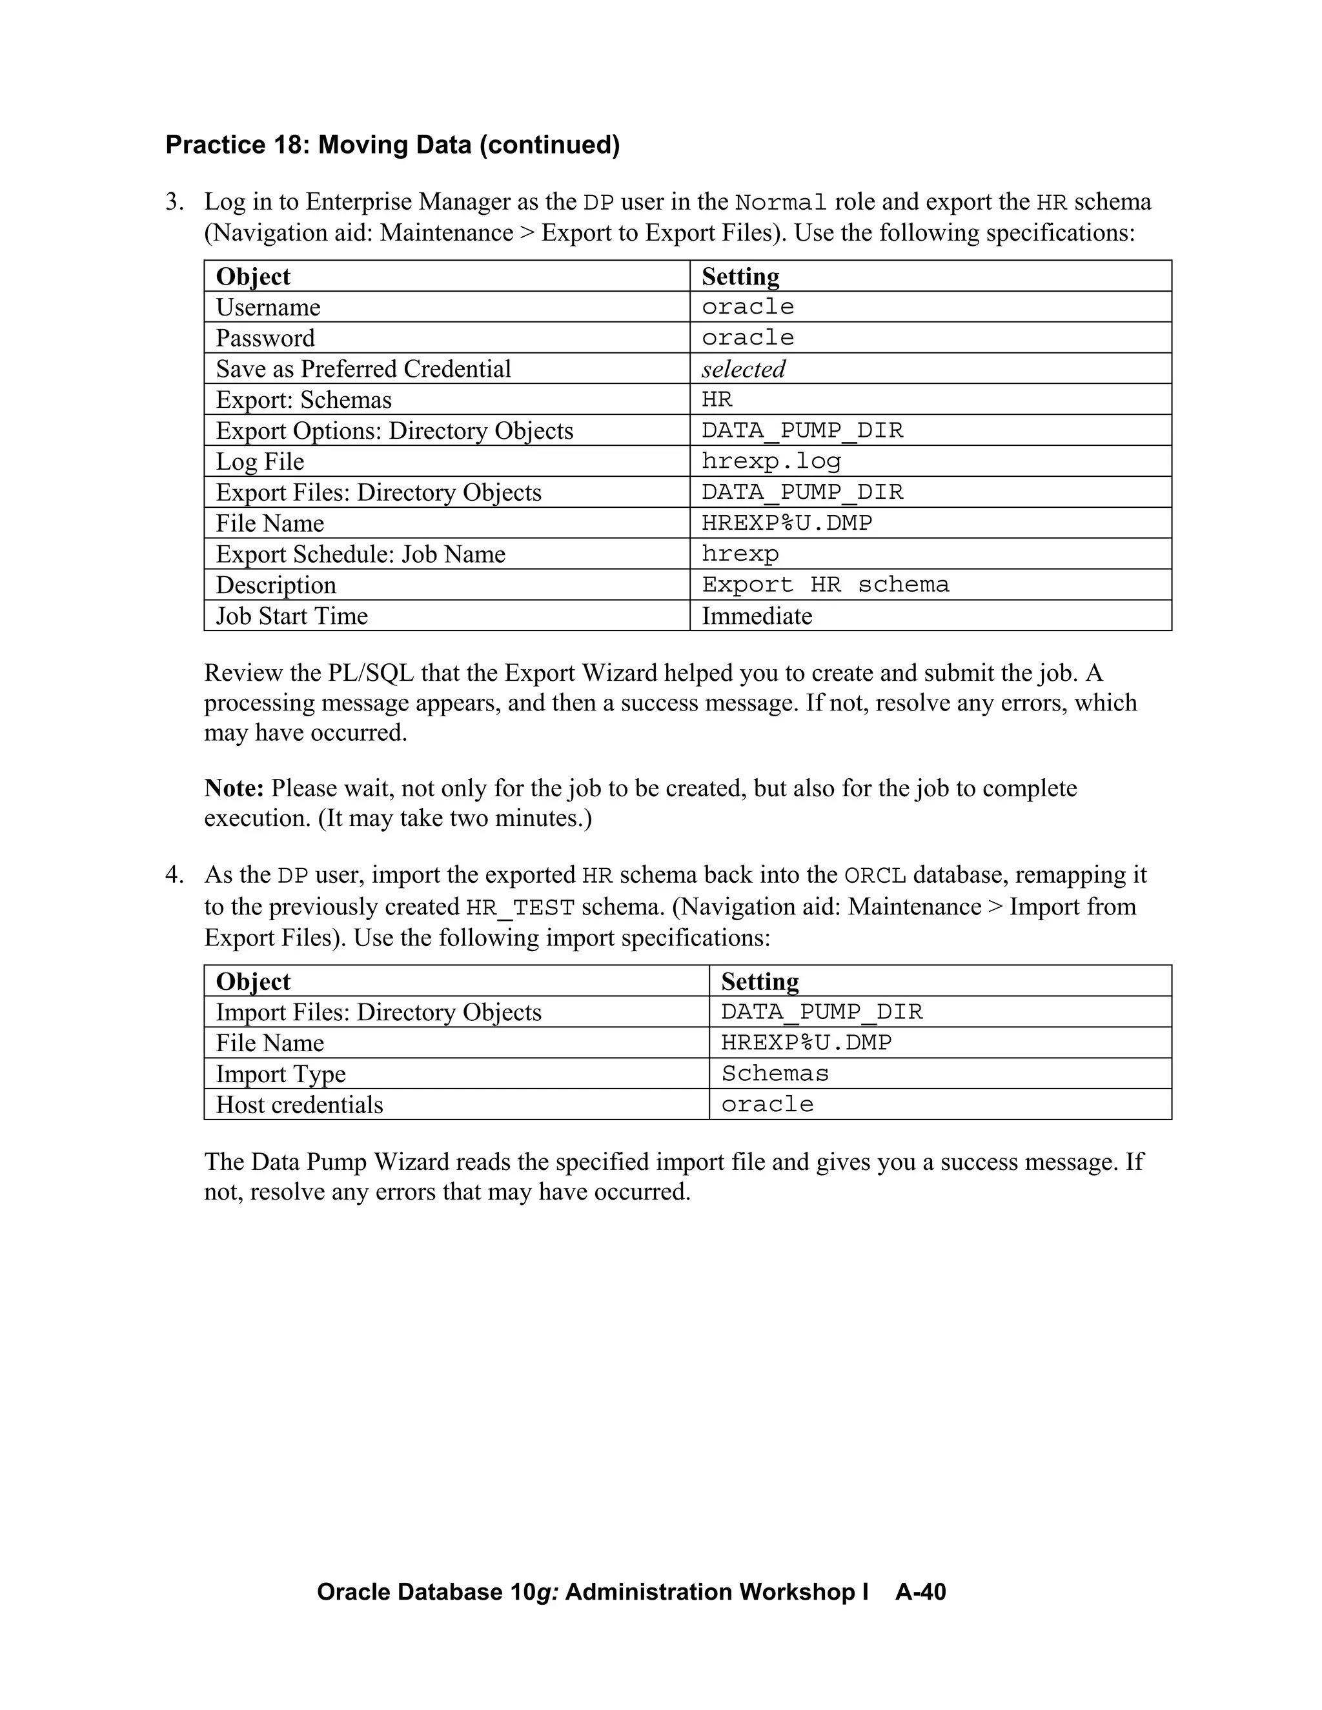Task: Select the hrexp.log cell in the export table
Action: click(771, 461)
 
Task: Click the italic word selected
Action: click(742, 368)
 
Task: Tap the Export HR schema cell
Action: click(825, 585)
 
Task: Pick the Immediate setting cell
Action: click(757, 616)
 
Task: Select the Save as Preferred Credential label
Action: click(363, 368)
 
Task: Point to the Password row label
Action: click(265, 338)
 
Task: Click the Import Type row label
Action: click(280, 1074)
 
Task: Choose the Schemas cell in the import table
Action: click(775, 1074)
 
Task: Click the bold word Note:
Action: click(234, 788)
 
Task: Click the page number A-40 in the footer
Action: click(920, 1592)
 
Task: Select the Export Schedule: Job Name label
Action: click(360, 554)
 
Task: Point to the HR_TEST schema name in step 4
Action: click(520, 907)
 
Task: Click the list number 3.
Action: click(174, 202)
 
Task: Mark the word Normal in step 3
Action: click(781, 203)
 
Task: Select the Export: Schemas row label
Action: click(303, 400)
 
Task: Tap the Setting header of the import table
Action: click(760, 981)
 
